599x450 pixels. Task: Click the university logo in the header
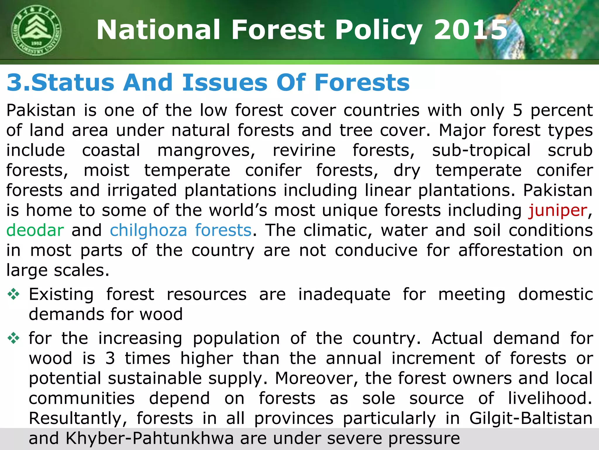[37, 31]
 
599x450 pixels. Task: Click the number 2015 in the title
[471, 30]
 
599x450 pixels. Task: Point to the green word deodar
[35, 230]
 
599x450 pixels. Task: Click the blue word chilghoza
[148, 230]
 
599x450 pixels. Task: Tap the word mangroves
[206, 151]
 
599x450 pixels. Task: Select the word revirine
[304, 151]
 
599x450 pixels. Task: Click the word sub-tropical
[481, 151]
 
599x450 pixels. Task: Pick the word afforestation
[511, 250]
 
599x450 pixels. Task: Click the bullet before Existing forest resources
[13, 294]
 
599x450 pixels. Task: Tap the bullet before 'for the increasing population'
[13, 339]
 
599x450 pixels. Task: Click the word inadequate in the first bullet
[344, 294]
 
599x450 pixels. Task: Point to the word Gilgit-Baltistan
[531, 418]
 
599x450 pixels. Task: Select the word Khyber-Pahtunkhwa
[149, 438]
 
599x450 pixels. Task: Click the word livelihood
[550, 398]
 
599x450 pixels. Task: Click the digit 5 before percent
[517, 110]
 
